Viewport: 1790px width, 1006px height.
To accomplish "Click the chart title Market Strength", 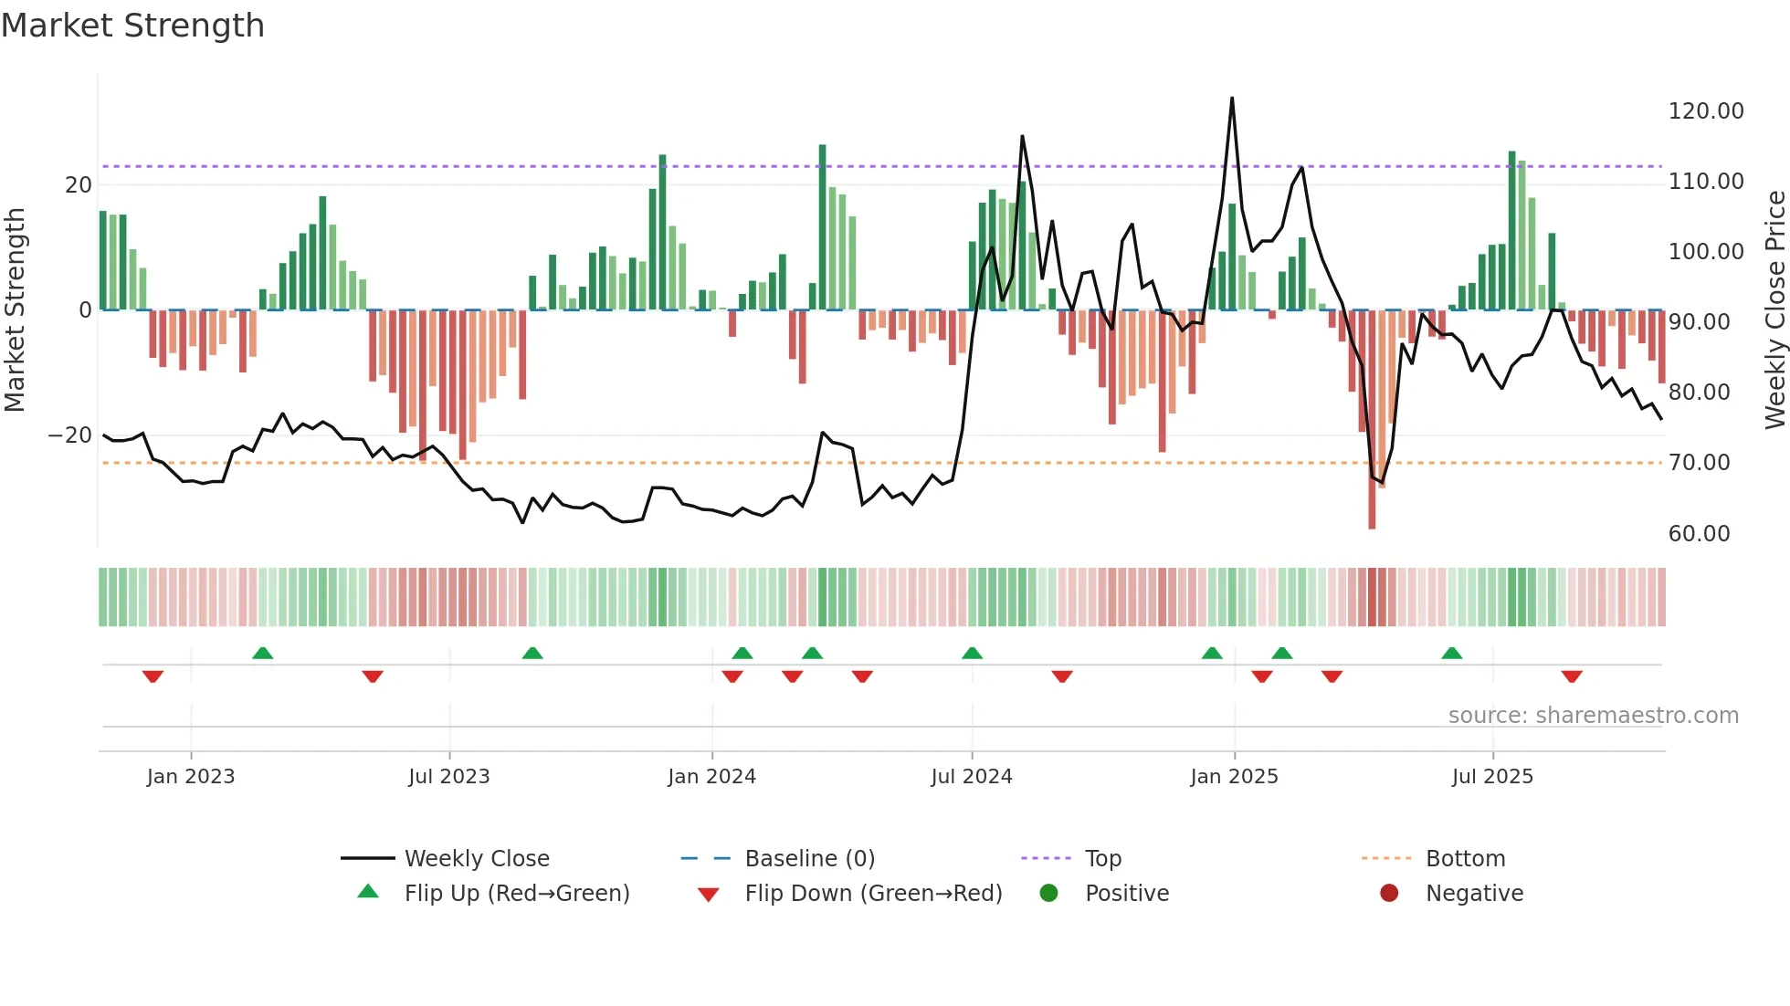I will pos(133,26).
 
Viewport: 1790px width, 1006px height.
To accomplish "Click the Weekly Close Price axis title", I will pos(1774,310).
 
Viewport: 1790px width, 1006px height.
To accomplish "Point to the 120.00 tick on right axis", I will pos(1705,111).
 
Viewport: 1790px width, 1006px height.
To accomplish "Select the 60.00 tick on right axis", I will pos(1699,534).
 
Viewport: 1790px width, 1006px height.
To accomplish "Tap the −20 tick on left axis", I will pos(70,435).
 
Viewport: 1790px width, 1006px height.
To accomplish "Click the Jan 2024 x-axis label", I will pos(711,777).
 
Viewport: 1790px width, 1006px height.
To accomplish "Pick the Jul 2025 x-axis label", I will pos(1492,777).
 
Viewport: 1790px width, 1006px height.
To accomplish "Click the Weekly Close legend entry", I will pos(476,859).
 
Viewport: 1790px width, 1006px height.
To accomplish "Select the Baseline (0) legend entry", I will pos(809,859).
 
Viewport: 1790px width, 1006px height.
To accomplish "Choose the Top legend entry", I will pos(1102,859).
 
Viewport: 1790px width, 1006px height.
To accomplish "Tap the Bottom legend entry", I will pos(1465,859).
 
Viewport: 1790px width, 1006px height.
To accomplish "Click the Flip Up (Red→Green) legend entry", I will pos(516,894).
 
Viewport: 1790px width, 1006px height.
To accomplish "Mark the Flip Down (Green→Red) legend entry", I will pos(872,894).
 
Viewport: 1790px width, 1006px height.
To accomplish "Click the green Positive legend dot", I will pos(1048,894).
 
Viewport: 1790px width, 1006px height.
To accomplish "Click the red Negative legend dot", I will pos(1389,894).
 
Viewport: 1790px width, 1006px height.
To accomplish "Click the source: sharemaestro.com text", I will pos(1593,716).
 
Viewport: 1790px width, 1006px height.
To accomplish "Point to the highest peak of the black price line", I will pos(1232,99).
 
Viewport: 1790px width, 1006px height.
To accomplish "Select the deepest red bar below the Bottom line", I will pos(1372,511).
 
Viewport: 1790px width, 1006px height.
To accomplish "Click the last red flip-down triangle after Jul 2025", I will pos(1572,676).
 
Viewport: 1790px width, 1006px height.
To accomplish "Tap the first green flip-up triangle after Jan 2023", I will pos(262,653).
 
